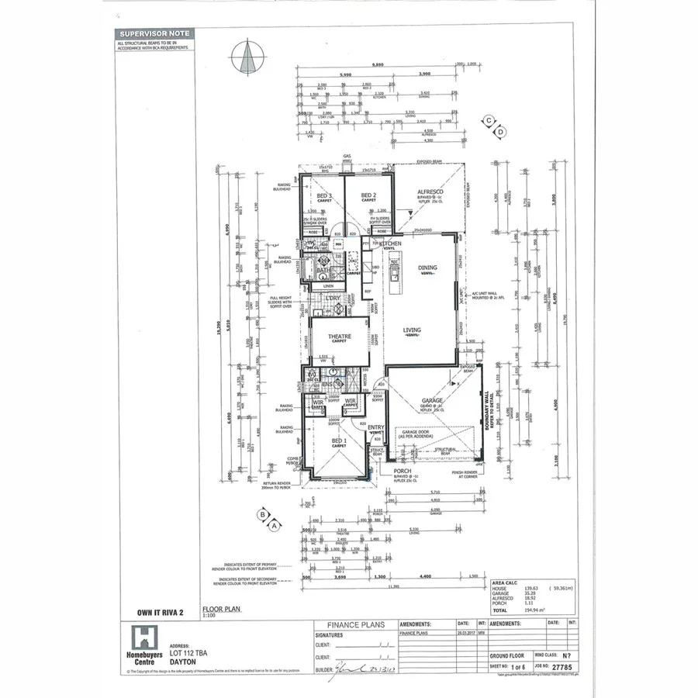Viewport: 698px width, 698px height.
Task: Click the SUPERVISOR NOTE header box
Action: pyautogui.click(x=153, y=34)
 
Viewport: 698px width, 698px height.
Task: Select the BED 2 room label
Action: pyautogui.click(x=368, y=195)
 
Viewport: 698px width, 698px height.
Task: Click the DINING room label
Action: pyautogui.click(x=427, y=268)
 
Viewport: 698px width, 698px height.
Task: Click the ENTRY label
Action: pyautogui.click(x=376, y=427)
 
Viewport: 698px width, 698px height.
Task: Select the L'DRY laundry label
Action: pyautogui.click(x=333, y=299)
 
